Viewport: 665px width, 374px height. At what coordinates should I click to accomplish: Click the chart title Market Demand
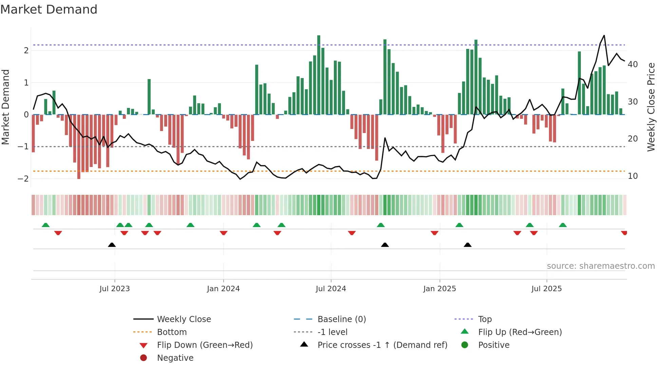[x=49, y=10]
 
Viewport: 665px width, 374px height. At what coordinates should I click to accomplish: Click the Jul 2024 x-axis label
[x=331, y=289]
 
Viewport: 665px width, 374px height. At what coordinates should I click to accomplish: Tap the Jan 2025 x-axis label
[x=439, y=289]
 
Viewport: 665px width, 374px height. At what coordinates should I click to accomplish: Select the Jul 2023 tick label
[x=115, y=289]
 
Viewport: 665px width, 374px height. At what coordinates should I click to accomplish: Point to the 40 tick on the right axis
[x=632, y=64]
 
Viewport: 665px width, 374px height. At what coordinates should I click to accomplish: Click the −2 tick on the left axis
[x=23, y=179]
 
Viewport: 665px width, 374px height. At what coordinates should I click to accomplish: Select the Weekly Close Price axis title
[x=651, y=107]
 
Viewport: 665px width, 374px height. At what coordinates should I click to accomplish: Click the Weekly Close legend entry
[x=184, y=319]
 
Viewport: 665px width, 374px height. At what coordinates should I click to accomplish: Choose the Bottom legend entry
[x=172, y=332]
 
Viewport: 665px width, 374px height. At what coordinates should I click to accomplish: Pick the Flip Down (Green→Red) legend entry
[x=205, y=345]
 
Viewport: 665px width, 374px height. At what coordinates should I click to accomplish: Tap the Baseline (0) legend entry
[x=341, y=319]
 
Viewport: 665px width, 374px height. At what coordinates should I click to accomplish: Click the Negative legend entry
[x=175, y=358]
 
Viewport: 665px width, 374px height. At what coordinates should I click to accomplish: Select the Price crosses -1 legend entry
[x=382, y=345]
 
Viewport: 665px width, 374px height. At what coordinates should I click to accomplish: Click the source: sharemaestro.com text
[x=601, y=266]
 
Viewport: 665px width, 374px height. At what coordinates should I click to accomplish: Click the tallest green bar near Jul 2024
[x=319, y=75]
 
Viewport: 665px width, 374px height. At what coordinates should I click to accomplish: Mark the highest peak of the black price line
[x=604, y=36]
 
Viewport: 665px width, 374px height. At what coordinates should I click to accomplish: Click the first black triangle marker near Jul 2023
[x=112, y=245]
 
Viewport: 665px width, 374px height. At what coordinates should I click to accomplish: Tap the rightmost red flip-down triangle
[x=624, y=233]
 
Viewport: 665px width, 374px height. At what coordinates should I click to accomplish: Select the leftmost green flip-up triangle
[x=45, y=225]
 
